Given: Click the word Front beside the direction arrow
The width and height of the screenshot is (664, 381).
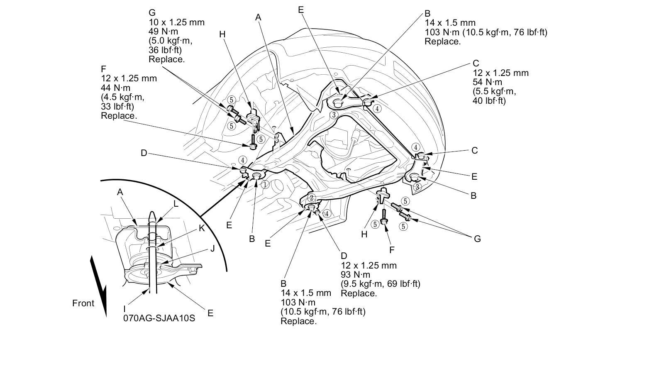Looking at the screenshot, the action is click(x=83, y=303).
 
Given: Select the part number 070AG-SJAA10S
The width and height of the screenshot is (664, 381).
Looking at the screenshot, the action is click(x=159, y=318).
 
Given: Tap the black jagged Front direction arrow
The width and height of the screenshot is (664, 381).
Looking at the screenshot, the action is click(x=98, y=286).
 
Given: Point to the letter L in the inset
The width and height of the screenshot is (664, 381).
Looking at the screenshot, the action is click(x=176, y=204).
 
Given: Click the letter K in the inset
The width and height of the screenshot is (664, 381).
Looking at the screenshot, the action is click(x=202, y=228).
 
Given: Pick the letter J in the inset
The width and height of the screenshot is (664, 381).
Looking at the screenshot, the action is click(x=212, y=249).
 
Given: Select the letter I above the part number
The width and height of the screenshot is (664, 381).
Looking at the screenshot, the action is click(x=124, y=309).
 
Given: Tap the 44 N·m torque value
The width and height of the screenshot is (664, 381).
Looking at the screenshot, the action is click(x=115, y=88).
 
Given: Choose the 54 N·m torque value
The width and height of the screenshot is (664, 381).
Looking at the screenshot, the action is click(x=487, y=82).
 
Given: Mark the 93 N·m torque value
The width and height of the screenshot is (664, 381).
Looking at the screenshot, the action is click(x=355, y=275).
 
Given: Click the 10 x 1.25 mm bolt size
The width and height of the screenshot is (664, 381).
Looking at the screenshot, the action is click(x=176, y=22).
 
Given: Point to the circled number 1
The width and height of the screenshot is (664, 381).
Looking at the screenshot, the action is click(x=265, y=185).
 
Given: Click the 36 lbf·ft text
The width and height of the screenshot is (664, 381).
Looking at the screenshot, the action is click(x=165, y=50).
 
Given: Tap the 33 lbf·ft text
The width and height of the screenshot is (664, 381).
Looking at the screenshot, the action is click(x=117, y=106).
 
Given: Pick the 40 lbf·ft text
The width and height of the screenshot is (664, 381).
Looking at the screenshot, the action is click(x=489, y=101).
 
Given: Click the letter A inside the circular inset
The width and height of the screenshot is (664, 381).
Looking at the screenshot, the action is click(x=120, y=193).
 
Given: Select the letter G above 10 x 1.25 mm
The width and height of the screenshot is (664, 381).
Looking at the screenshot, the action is click(x=152, y=13).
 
